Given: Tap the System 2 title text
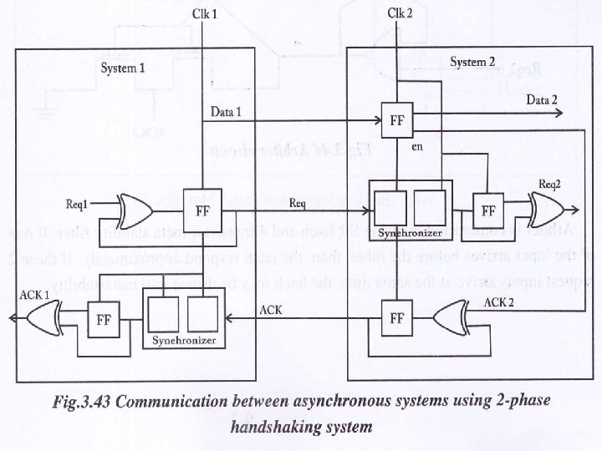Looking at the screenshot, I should tap(473, 63).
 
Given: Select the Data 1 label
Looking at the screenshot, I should tap(226, 112).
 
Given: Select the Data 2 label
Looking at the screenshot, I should tap(542, 100).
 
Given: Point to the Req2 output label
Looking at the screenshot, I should tap(549, 184).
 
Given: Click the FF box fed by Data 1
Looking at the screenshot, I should tap(398, 119).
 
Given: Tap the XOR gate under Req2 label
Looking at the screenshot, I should tap(544, 207).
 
